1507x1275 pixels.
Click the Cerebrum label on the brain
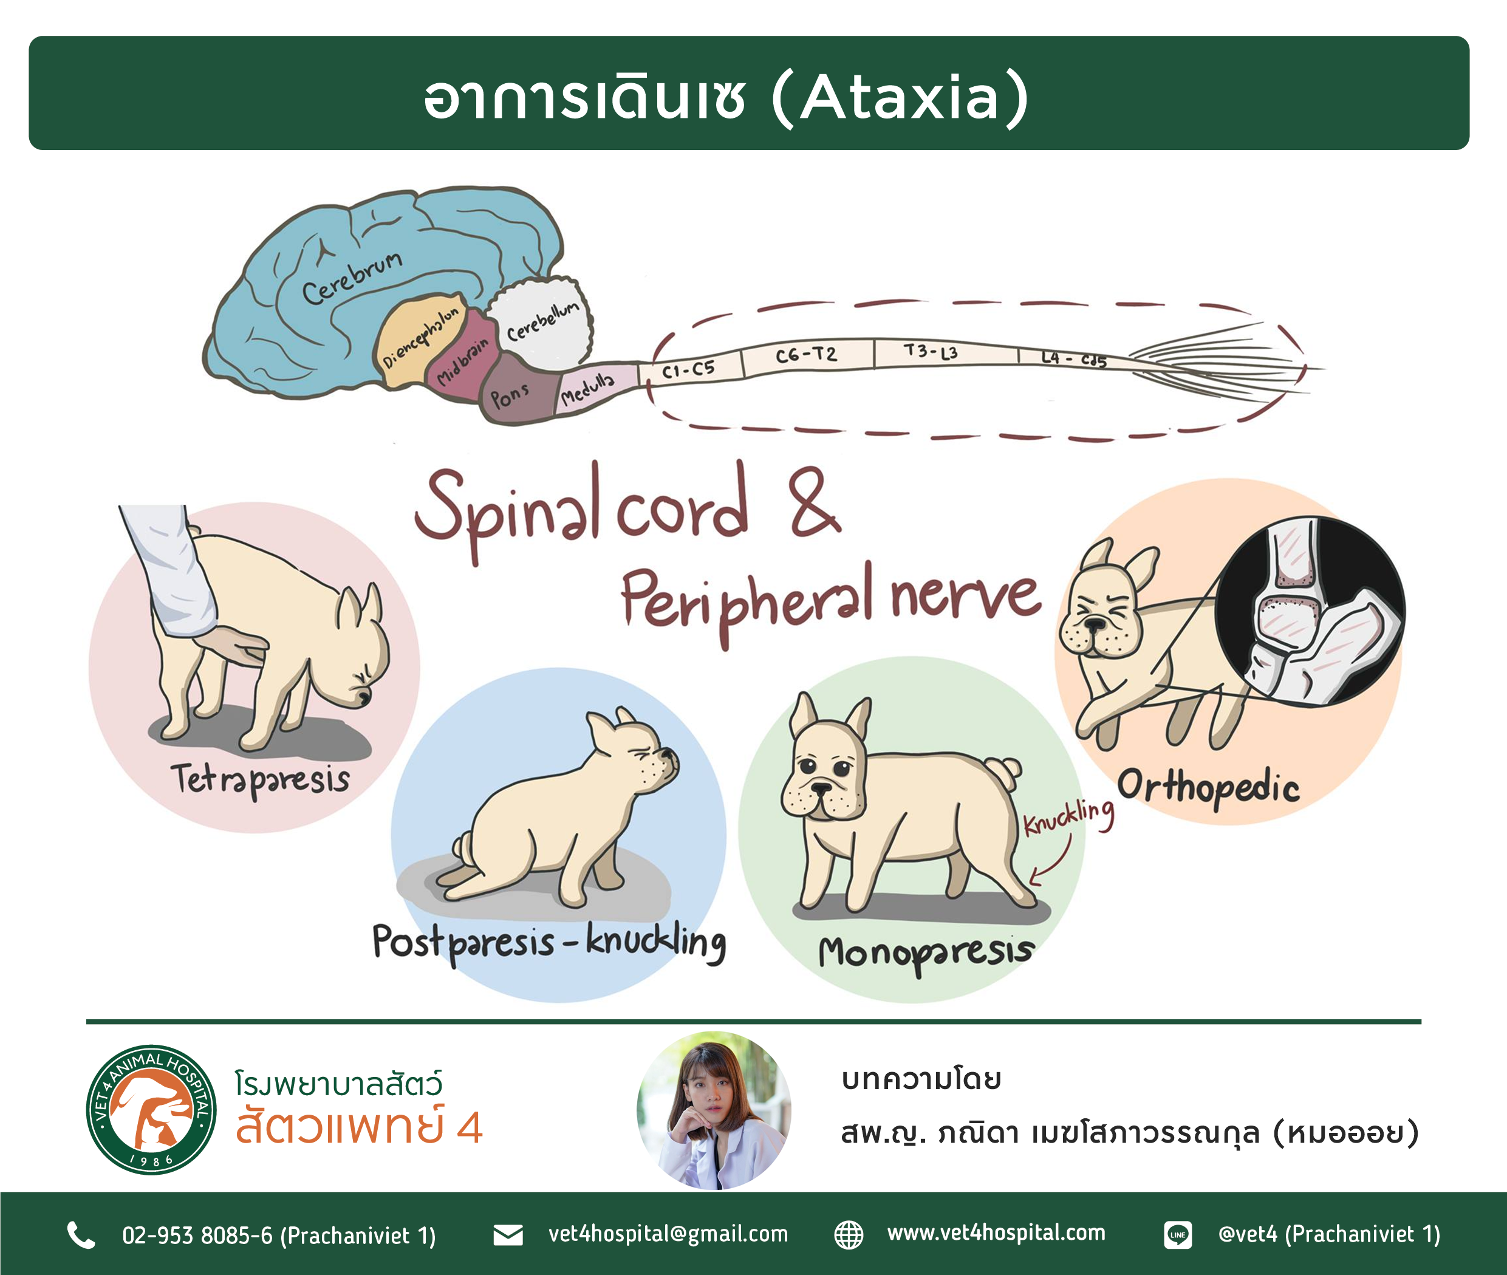point(351,278)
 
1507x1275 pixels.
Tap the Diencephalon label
point(420,337)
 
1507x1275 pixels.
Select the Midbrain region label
point(463,361)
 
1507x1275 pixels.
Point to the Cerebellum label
point(542,320)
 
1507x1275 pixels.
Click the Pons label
point(510,395)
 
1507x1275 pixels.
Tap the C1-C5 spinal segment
point(688,370)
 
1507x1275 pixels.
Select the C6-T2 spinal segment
point(806,354)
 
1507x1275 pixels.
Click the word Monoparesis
point(926,952)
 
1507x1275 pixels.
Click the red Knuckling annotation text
point(1068,818)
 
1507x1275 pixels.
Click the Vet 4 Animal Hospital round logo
point(151,1110)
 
